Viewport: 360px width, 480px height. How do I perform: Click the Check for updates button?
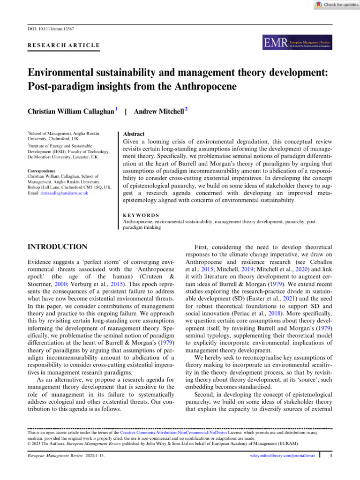334,5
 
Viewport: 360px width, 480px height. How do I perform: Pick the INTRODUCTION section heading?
58,247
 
